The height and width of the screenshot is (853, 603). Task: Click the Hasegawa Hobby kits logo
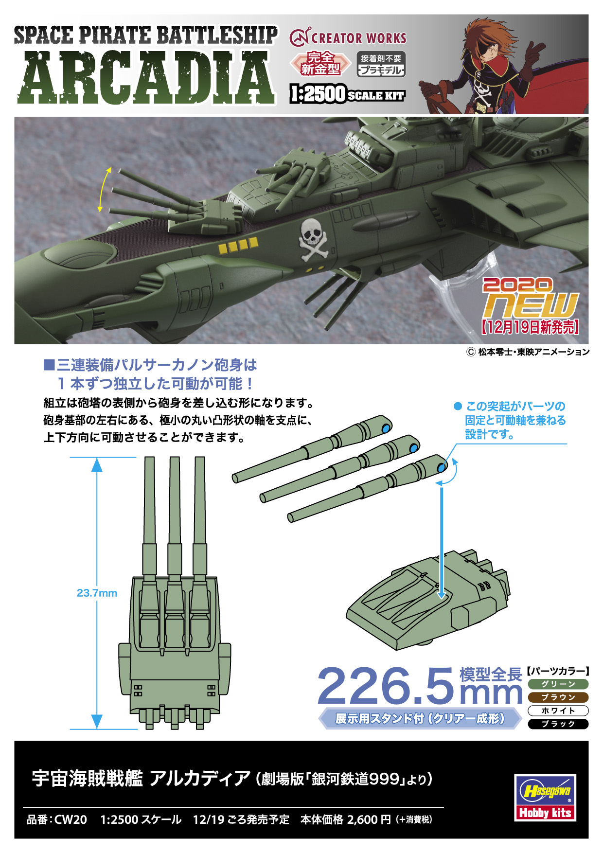coord(545,798)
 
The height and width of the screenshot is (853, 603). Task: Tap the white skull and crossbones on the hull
coord(313,239)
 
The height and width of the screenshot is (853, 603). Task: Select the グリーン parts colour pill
coord(558,684)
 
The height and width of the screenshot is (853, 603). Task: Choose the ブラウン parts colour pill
coord(558,697)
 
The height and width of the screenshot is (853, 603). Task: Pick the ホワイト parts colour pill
coord(558,711)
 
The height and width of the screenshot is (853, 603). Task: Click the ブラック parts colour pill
coord(558,724)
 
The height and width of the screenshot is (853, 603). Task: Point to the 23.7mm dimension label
coord(97,593)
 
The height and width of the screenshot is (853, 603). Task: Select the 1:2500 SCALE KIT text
coord(347,94)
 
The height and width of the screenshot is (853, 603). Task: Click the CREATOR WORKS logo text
coord(348,38)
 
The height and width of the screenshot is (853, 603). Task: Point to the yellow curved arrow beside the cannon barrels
coord(104,190)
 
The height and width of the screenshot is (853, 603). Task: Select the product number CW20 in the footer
coord(71,819)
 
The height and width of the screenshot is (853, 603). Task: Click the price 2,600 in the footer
coord(362,819)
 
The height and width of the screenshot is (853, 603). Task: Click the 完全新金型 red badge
coord(320,63)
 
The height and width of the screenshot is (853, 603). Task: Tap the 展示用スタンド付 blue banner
coord(420,718)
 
